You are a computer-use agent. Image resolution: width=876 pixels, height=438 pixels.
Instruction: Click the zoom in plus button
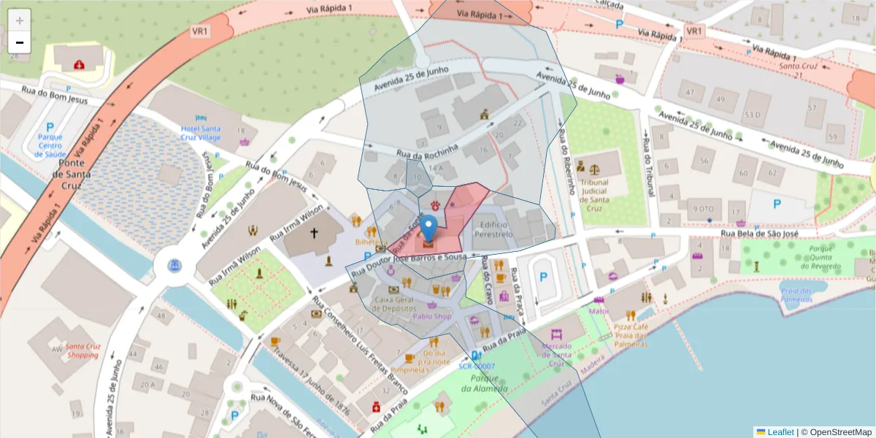point(20,20)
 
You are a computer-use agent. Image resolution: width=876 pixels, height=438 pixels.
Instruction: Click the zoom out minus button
point(20,42)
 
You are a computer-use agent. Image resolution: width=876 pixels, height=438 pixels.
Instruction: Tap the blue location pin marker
point(429,228)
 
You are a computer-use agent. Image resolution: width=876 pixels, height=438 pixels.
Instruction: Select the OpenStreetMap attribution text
point(836,432)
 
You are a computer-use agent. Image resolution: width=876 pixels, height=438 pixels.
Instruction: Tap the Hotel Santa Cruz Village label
point(201,133)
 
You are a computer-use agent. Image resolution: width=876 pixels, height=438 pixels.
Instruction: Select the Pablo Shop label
point(432,317)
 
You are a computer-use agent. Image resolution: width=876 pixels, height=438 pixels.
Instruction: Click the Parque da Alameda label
point(483,383)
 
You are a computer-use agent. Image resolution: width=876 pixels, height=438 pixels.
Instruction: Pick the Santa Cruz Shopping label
point(82,350)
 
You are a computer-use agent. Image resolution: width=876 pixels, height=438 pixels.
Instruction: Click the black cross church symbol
point(315,234)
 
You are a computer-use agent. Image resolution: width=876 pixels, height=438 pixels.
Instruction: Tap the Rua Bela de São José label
point(758,234)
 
